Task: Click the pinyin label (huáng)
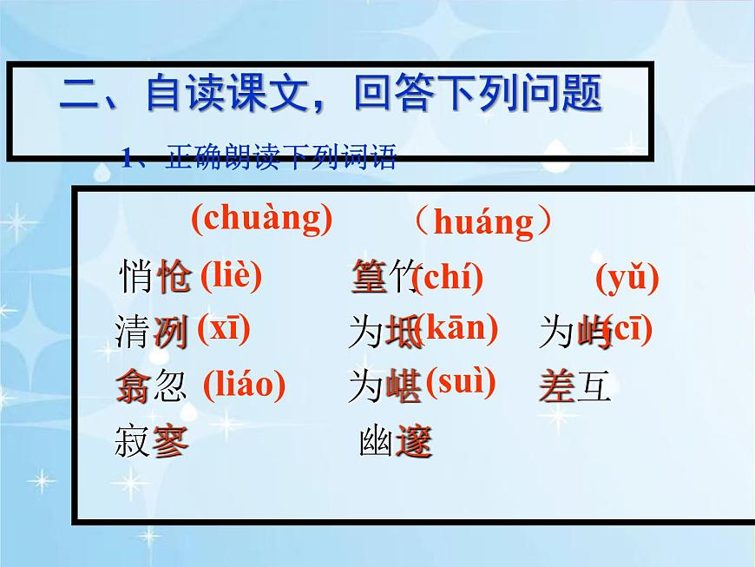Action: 483,223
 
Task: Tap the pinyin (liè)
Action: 231,276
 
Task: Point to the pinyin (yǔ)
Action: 627,279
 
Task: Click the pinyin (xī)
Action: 223,329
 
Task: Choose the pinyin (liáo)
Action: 244,385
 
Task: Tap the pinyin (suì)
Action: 460,382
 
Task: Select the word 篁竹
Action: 386,278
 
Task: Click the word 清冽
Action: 151,333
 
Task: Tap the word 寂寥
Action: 151,442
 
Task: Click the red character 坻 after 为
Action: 404,333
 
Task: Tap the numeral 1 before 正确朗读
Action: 127,159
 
